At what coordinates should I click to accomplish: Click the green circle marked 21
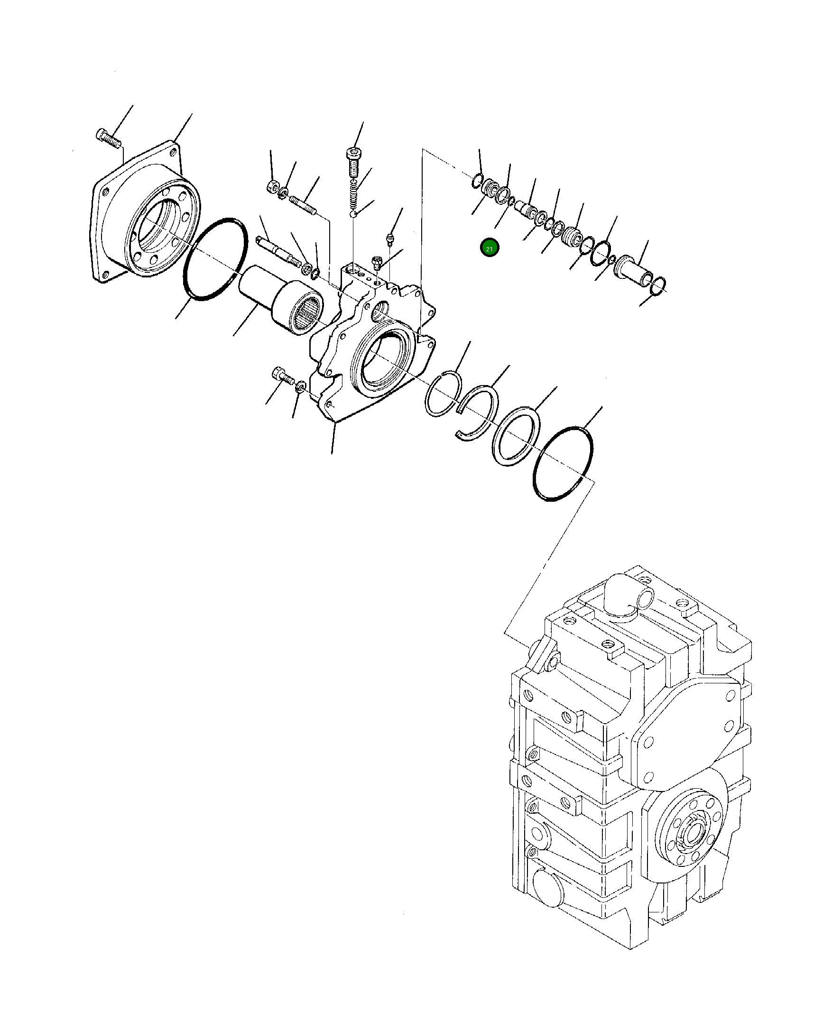tap(489, 248)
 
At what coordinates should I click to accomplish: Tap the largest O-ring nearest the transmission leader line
tap(563, 464)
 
